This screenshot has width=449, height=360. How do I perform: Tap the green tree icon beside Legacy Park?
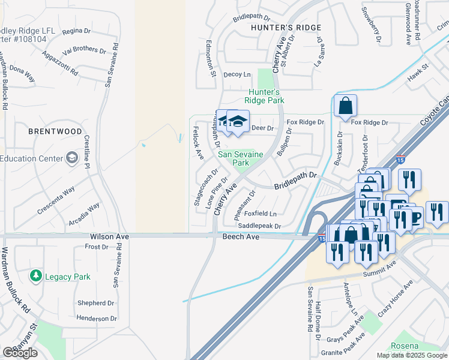[36, 276]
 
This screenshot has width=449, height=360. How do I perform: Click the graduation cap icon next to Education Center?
[72, 158]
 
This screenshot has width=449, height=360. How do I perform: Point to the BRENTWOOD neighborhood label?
[55, 131]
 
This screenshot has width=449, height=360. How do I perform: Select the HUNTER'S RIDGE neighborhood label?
[286, 28]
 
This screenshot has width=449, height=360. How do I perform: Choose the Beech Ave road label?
[240, 238]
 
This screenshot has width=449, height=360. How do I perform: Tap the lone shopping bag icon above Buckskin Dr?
[345, 107]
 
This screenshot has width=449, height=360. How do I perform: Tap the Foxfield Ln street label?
[261, 214]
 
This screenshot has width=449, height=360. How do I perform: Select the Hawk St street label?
[417, 74]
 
